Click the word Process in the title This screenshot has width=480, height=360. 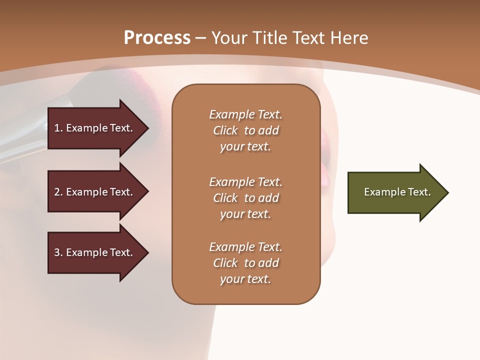click(157, 38)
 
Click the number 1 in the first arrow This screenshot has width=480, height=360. click(57, 128)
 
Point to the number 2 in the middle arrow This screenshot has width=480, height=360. click(57, 192)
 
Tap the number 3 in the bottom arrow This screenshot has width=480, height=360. click(57, 252)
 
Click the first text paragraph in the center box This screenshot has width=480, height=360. click(245, 130)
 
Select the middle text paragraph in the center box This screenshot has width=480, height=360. click(245, 198)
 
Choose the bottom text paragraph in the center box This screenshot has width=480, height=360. click(245, 263)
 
